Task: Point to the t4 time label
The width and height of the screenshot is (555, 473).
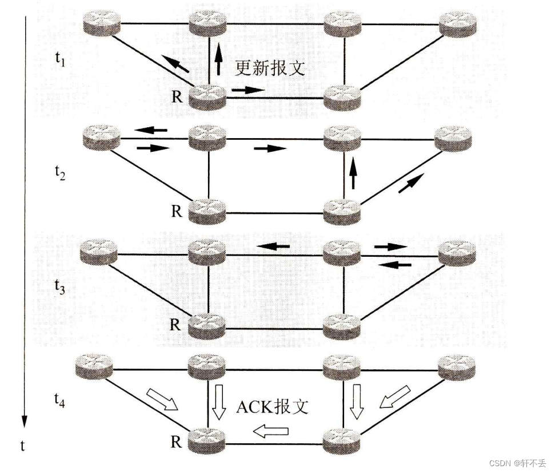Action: (x=59, y=400)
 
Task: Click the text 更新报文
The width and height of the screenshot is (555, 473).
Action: (x=270, y=68)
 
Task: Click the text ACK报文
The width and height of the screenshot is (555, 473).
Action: (x=272, y=407)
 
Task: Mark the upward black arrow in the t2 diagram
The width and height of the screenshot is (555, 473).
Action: (x=353, y=173)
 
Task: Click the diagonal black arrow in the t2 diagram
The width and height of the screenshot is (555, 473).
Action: (x=412, y=183)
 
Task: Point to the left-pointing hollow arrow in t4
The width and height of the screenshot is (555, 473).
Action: (x=270, y=432)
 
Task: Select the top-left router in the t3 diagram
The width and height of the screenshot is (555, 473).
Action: (x=99, y=250)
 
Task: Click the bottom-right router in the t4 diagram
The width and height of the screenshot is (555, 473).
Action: (x=341, y=440)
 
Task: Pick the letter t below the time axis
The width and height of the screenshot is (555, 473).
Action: (x=23, y=446)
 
